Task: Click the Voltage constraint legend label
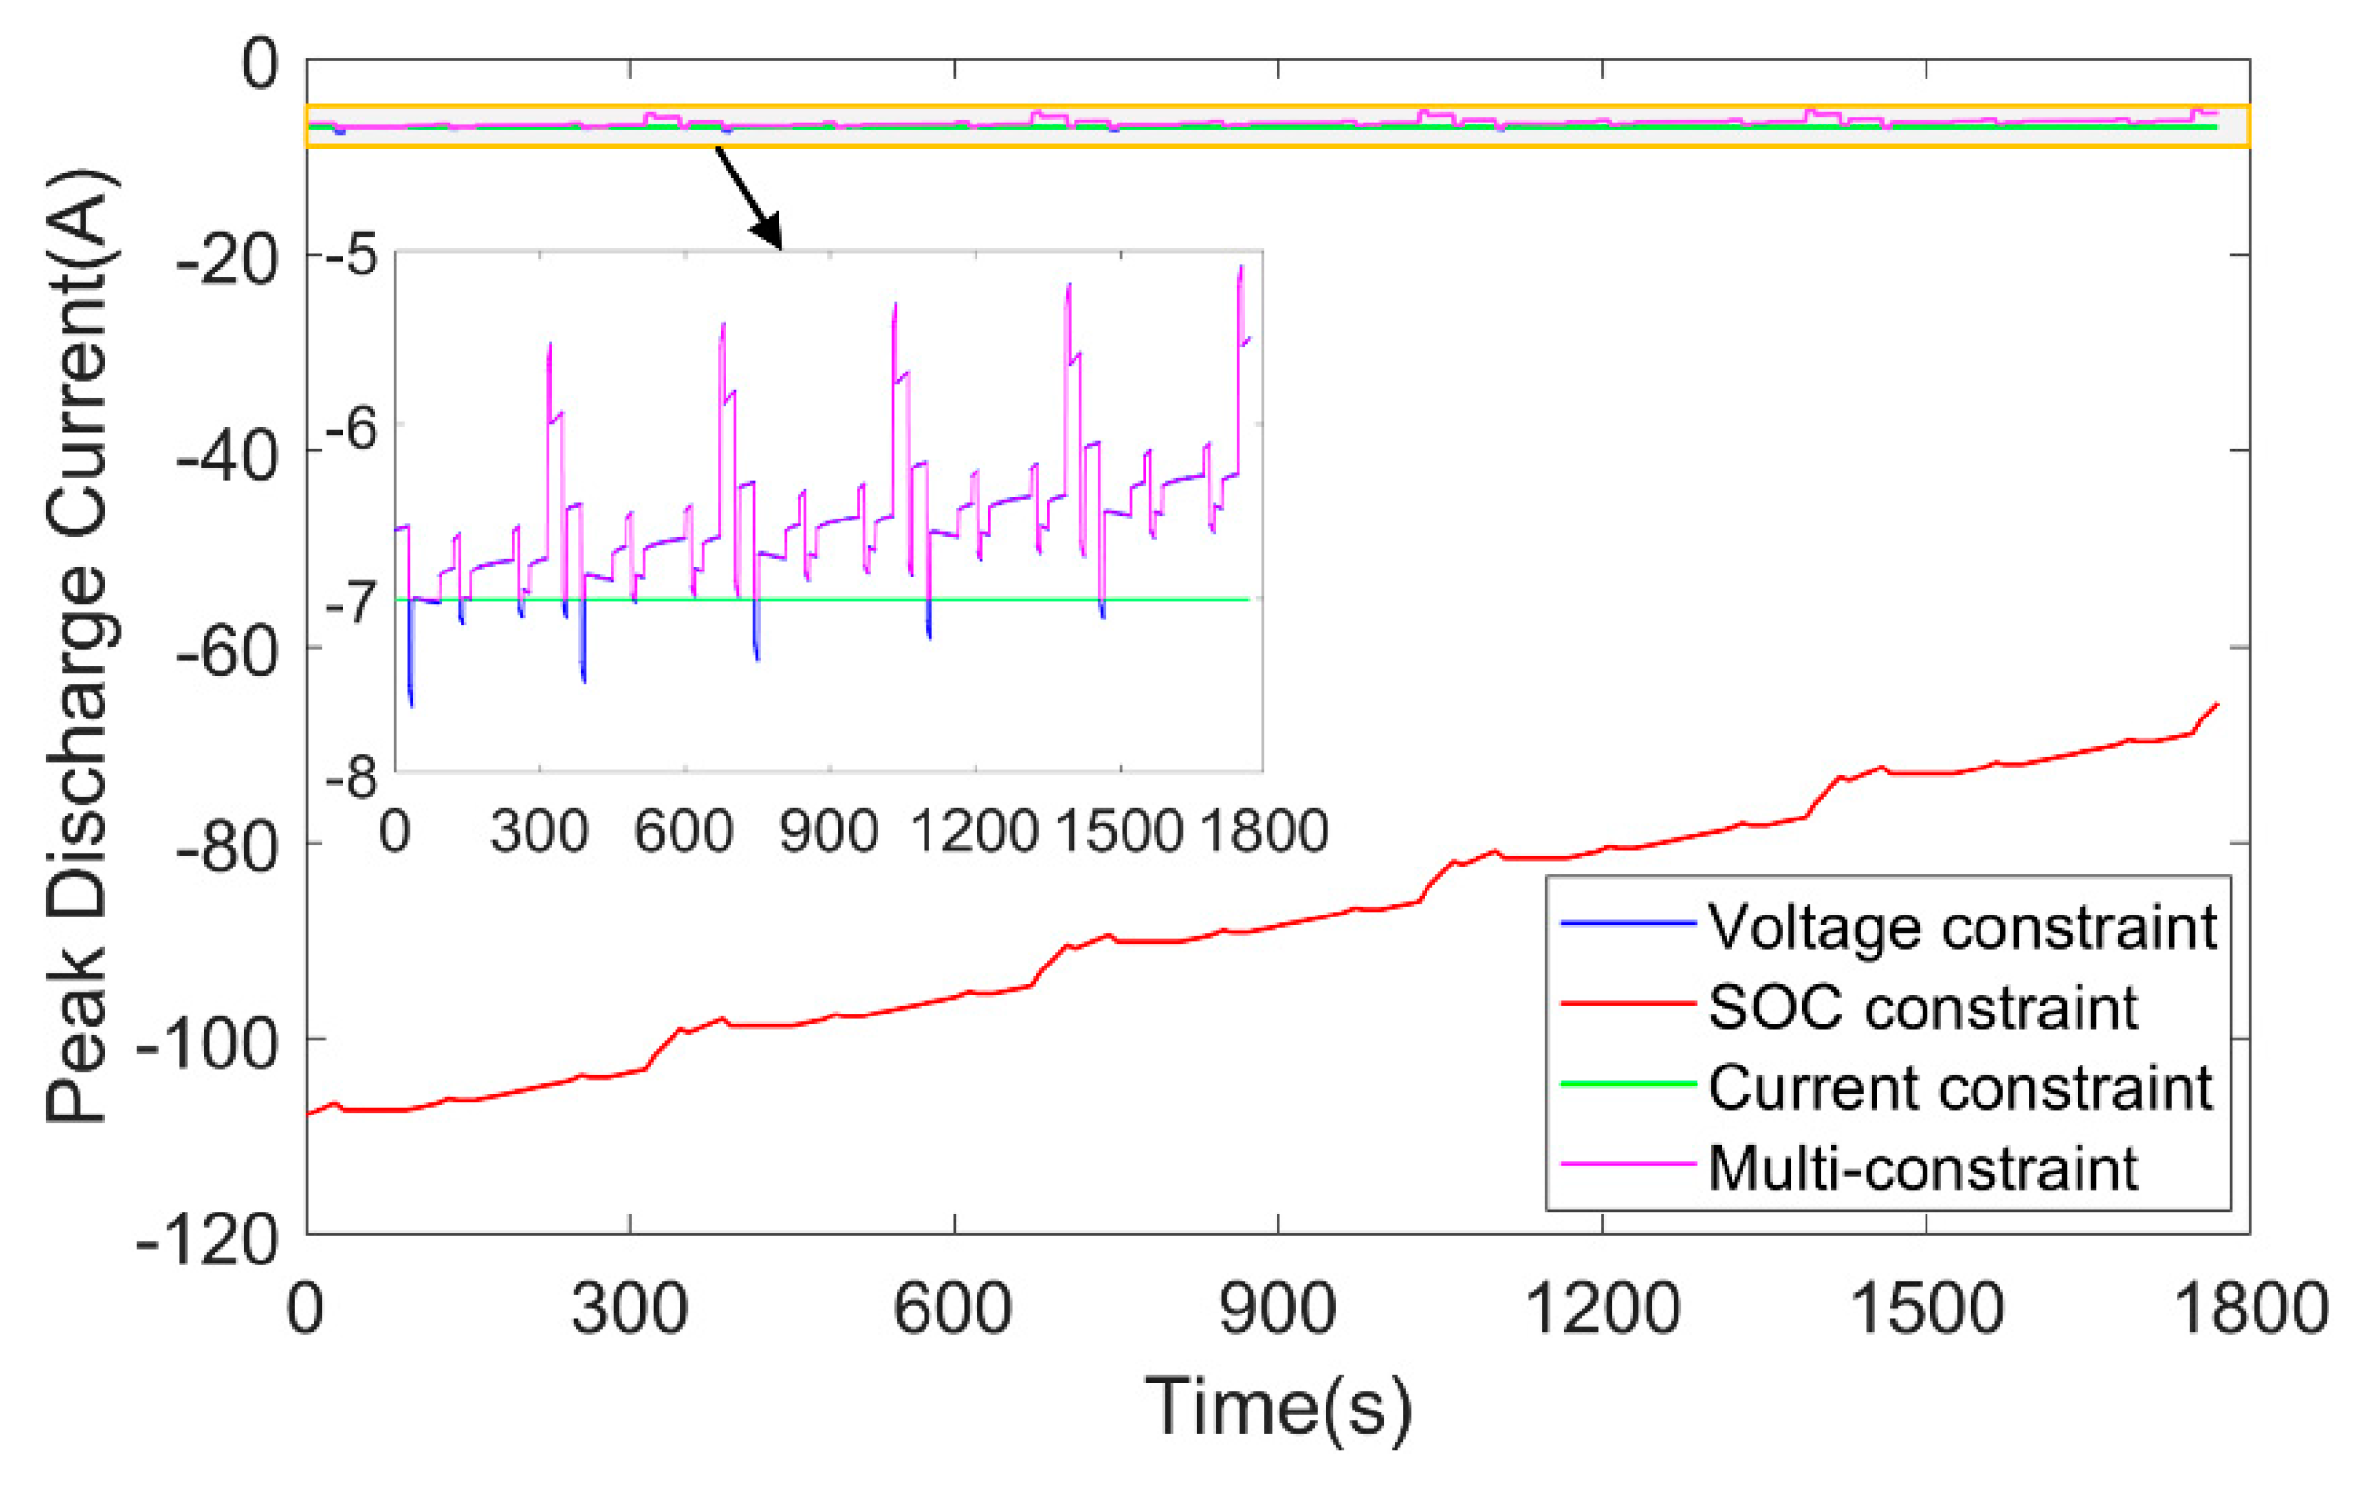1962,926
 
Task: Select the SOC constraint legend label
1923,1007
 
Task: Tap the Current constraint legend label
1960,1087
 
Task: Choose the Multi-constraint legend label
1923,1167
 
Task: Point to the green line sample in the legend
1627,1084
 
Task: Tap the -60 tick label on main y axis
227,651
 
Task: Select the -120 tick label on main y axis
208,1241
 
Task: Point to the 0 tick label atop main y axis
261,65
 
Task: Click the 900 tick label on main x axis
1277,1308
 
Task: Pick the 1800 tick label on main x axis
2251,1308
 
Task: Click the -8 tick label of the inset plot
351,779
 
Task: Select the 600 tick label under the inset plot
683,831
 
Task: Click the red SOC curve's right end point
2218,704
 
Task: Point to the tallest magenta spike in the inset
1241,267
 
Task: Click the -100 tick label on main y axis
208,1045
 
